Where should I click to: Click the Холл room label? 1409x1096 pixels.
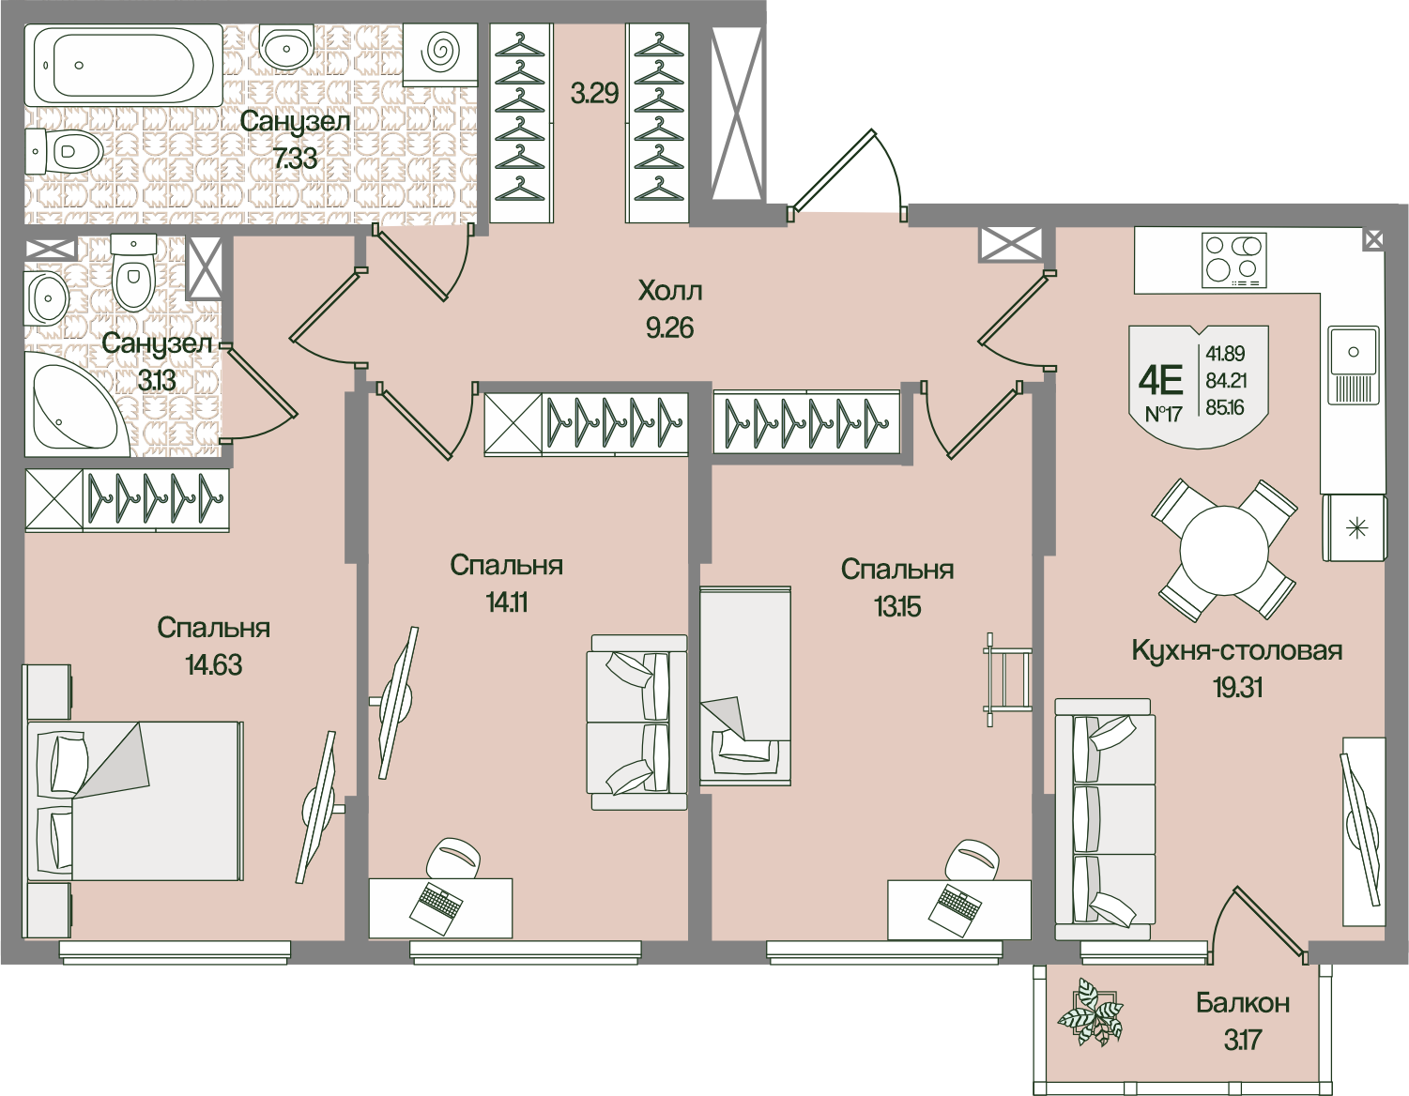(669, 291)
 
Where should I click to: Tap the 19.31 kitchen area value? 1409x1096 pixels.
(1237, 688)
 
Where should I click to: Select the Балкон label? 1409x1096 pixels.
(1242, 1003)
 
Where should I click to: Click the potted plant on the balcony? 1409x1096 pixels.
(1089, 1013)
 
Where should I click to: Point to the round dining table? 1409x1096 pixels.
(1224, 551)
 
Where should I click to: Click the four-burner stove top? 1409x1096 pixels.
(1233, 260)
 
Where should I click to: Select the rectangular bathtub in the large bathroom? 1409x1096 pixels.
(121, 65)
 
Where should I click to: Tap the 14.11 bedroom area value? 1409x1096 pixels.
(506, 602)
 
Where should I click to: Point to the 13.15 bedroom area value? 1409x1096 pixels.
(897, 607)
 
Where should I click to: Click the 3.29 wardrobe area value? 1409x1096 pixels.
(595, 94)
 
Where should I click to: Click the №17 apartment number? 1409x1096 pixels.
(1163, 414)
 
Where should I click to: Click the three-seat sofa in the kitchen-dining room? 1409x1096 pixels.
(1105, 819)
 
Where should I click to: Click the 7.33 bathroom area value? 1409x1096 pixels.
(295, 158)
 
